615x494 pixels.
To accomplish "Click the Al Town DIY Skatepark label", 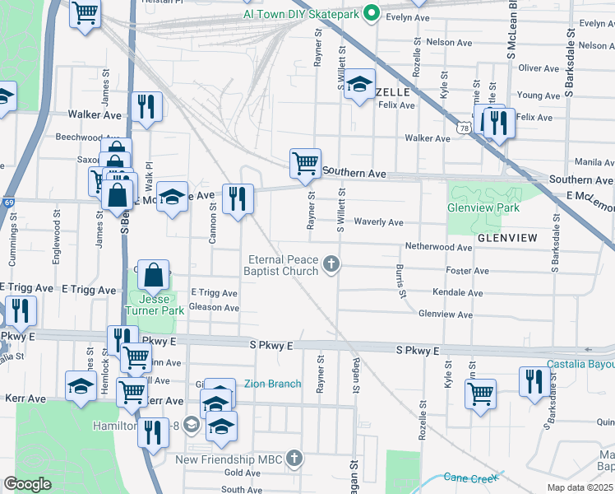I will pos(302,14).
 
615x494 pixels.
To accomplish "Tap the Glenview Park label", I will pos(483,207).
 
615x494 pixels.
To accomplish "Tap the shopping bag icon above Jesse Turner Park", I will pos(154,274).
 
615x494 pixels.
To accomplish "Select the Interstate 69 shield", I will pos(8,201).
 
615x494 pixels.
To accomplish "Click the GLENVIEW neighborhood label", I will pos(506,237).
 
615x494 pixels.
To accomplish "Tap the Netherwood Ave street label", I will pos(437,246).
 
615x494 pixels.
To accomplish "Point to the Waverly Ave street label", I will pos(378,222).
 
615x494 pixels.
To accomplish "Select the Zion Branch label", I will pos(273,384).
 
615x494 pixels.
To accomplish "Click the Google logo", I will pos(27,484).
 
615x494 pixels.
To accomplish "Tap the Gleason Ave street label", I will pos(214,308).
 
